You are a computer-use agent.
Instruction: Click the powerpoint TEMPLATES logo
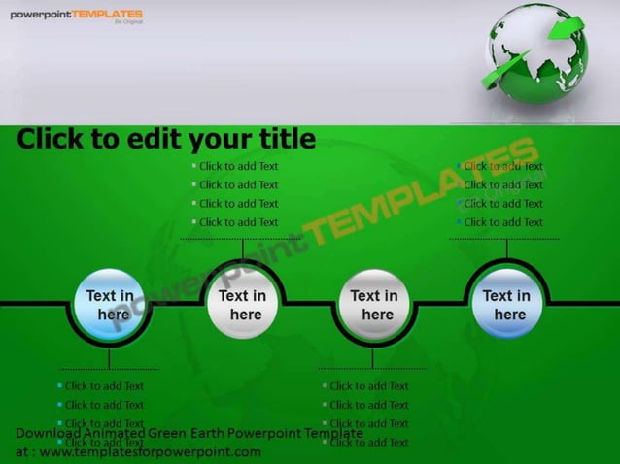[x=76, y=15]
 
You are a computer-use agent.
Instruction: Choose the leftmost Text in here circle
[x=111, y=305]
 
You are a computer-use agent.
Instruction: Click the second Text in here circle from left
[x=242, y=305]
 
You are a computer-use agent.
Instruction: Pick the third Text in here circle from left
[x=374, y=305]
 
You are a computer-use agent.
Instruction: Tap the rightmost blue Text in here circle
[x=506, y=305]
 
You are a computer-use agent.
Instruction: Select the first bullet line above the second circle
[x=238, y=166]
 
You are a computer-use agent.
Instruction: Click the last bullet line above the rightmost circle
[x=503, y=222]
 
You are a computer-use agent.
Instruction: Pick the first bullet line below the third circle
[x=368, y=386]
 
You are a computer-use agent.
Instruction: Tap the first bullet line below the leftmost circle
[x=104, y=386]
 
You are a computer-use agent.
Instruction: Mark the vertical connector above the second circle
[x=242, y=249]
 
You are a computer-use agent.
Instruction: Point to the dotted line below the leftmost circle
[x=109, y=369]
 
